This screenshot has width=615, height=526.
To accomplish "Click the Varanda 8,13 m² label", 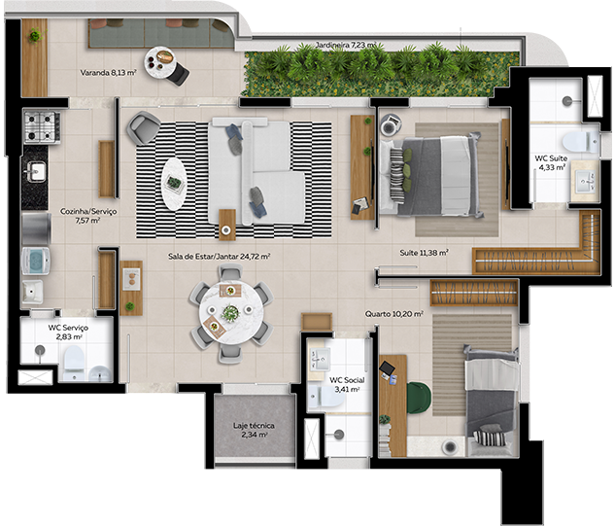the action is [x=108, y=73].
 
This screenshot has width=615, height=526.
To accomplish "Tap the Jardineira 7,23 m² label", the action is [x=346, y=45].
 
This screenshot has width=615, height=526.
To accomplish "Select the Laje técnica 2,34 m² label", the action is [x=254, y=430].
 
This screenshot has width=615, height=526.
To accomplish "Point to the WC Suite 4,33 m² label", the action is [x=551, y=162].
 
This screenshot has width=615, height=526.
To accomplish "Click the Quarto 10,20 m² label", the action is [x=393, y=314].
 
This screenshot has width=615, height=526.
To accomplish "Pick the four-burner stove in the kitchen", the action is [x=42, y=126].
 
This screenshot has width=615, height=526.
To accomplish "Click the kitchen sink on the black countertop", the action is [x=36, y=172].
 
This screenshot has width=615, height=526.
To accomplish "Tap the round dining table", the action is [x=231, y=313].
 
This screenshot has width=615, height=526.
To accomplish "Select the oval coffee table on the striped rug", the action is [x=173, y=184].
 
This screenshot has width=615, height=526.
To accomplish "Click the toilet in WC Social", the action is [x=325, y=397].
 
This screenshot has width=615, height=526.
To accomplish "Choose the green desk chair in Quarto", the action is [x=419, y=399].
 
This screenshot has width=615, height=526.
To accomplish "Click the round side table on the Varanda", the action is [x=160, y=61].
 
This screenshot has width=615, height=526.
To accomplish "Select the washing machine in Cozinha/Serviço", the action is [x=36, y=261].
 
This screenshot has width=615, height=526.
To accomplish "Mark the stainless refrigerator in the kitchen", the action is [x=37, y=228].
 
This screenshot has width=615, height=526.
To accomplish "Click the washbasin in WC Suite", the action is [x=585, y=182].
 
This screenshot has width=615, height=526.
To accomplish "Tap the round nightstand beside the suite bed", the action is [x=391, y=124].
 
